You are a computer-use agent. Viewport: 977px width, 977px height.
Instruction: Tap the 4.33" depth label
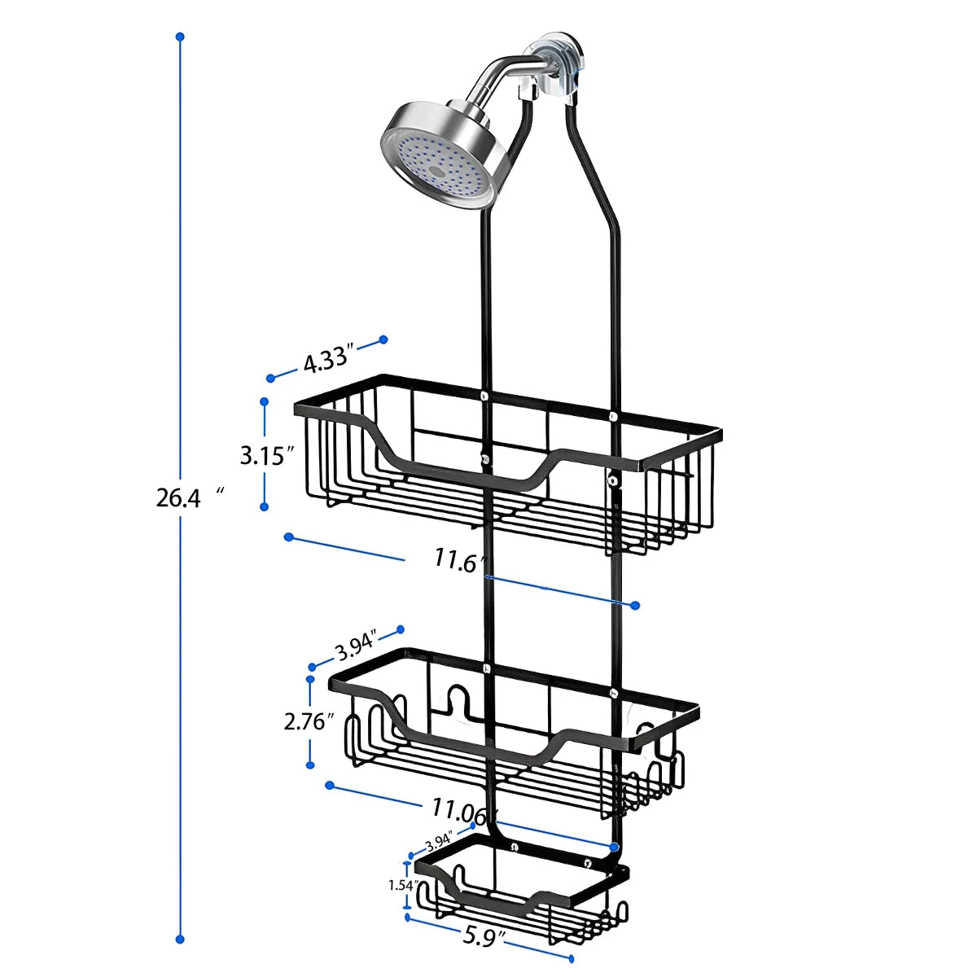[x=327, y=359]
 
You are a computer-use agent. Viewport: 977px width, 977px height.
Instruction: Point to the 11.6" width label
[x=459, y=561]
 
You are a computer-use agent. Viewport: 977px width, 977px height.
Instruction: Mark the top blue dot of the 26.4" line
[x=180, y=37]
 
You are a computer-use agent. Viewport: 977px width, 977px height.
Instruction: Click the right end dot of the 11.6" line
[x=636, y=605]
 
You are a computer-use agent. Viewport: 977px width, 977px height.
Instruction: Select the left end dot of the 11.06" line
[x=330, y=785]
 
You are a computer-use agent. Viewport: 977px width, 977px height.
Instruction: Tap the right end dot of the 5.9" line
[x=571, y=959]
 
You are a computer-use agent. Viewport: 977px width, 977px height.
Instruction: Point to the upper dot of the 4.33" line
[x=383, y=340]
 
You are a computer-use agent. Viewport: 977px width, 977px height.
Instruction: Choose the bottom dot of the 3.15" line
[x=264, y=506]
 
